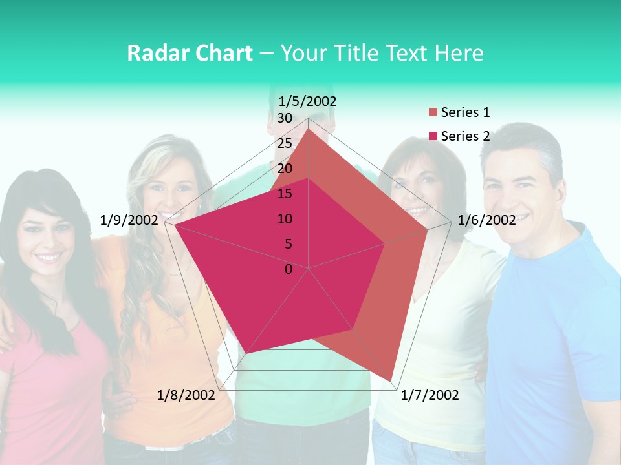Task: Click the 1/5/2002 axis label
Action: (x=307, y=101)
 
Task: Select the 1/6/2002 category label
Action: (x=486, y=220)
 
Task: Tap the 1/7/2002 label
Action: (x=430, y=395)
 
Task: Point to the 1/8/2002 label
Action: (x=186, y=395)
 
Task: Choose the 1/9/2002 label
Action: (x=129, y=220)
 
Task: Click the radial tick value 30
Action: (x=284, y=118)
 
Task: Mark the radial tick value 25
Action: (x=284, y=143)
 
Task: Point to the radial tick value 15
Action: (x=284, y=194)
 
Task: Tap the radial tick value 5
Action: (x=288, y=244)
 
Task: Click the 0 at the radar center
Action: (x=289, y=269)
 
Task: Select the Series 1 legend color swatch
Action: (x=433, y=113)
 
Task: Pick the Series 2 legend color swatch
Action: (x=433, y=136)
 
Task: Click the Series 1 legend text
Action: (x=465, y=112)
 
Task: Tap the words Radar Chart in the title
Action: (x=190, y=54)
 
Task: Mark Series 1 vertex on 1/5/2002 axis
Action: (x=309, y=129)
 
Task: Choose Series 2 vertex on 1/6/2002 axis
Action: (x=385, y=243)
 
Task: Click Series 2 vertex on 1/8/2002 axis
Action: (x=248, y=353)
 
